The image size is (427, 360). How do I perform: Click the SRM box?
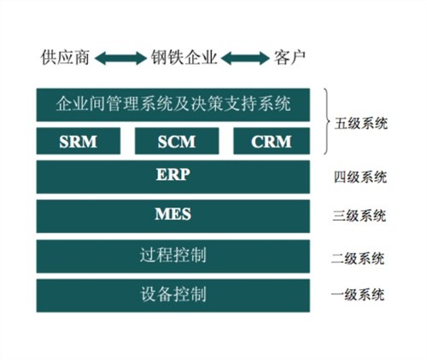78,141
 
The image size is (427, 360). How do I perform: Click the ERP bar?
173,177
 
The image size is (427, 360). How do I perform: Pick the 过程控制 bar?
173,255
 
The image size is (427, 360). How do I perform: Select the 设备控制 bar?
173,295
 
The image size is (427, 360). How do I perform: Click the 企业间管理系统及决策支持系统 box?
173,105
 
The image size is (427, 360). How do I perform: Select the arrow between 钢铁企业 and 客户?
246,59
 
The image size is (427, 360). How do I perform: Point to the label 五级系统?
362,123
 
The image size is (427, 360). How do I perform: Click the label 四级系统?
362,178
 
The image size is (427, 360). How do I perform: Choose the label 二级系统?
362,258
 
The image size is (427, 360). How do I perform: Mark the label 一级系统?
362,295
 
